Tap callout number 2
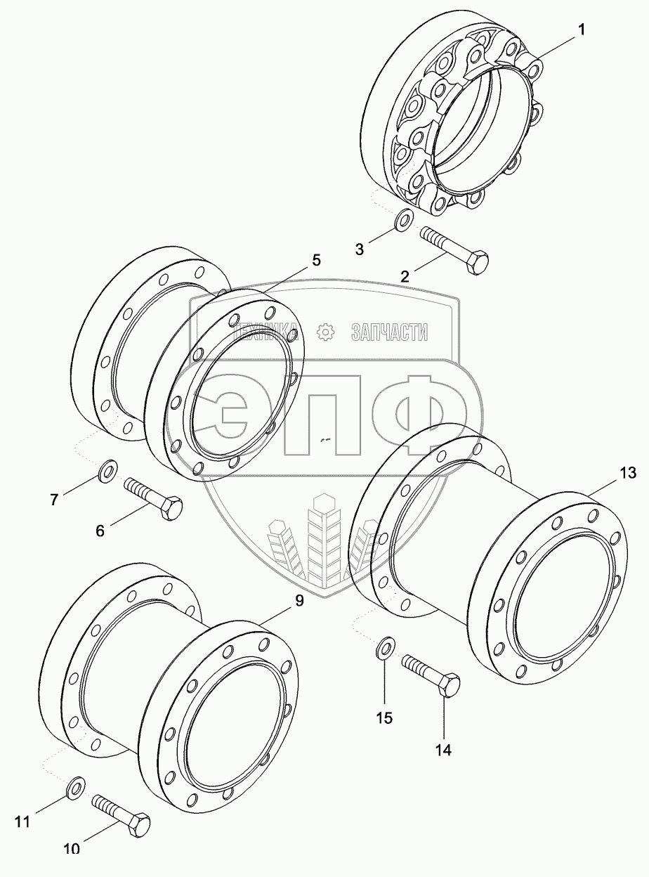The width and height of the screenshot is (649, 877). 405,275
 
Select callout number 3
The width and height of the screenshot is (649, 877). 359,248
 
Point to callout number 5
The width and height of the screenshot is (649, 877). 316,260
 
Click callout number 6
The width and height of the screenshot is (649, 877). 100,531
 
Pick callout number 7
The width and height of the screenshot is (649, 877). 55,500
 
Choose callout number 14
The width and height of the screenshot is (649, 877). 442,749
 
